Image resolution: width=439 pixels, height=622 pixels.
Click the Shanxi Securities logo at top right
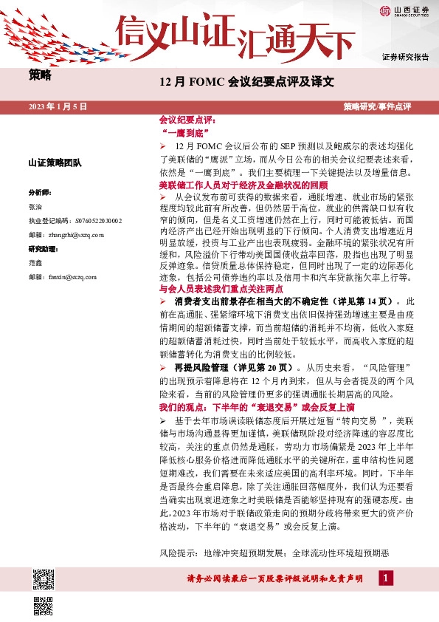click(x=404, y=10)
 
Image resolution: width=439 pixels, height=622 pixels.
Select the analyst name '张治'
click(x=35, y=208)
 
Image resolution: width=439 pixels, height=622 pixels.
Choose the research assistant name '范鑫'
click(x=35, y=262)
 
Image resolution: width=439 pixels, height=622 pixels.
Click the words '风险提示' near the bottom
click(x=179, y=553)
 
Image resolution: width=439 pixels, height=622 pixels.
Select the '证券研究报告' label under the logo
click(x=406, y=57)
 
